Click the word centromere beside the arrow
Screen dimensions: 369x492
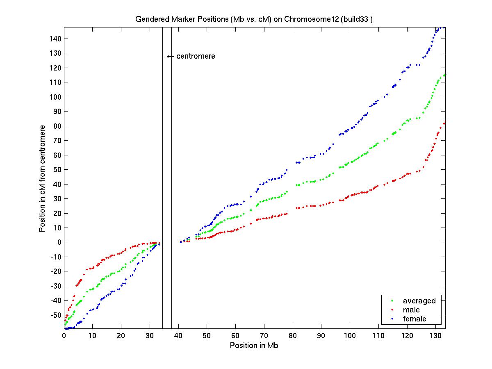[196, 56]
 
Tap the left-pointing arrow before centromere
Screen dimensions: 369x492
[171, 57]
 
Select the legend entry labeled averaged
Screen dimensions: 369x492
[419, 301]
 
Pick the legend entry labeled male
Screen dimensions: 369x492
[411, 310]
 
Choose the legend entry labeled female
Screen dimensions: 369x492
[415, 319]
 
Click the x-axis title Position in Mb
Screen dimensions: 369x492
[254, 345]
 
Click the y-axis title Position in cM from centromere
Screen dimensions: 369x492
[42, 178]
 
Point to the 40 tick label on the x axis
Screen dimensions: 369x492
[178, 336]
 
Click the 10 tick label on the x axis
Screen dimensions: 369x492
[93, 336]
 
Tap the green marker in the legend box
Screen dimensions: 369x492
[392, 301]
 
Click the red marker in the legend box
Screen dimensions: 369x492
[392, 310]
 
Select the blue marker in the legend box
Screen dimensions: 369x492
[392, 319]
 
